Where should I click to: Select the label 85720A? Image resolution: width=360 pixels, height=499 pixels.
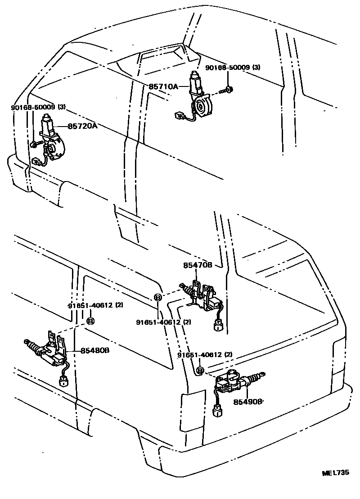pyautogui.click(x=82, y=126)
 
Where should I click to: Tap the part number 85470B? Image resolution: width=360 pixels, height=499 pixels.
pyautogui.click(x=198, y=266)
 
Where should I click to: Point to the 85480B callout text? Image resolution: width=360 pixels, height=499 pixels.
pyautogui.click(x=95, y=350)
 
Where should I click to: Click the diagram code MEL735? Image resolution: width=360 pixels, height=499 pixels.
pyautogui.click(x=335, y=473)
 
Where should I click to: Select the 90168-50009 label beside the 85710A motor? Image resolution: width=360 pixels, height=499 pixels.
pyautogui.click(x=233, y=68)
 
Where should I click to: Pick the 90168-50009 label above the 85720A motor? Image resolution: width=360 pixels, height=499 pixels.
pyautogui.click(x=38, y=108)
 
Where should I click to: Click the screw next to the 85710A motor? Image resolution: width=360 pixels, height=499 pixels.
pyautogui.click(x=227, y=91)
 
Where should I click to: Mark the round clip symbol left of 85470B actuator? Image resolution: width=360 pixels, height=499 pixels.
pyautogui.click(x=158, y=297)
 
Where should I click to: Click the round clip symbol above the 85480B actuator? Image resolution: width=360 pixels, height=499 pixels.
pyautogui.click(x=90, y=321)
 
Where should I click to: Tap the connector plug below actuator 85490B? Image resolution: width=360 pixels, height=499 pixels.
pyautogui.click(x=217, y=410)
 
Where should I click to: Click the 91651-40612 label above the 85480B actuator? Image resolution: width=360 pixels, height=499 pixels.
pyautogui.click(x=95, y=305)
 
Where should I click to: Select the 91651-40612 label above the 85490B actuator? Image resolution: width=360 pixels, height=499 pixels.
pyautogui.click(x=204, y=355)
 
